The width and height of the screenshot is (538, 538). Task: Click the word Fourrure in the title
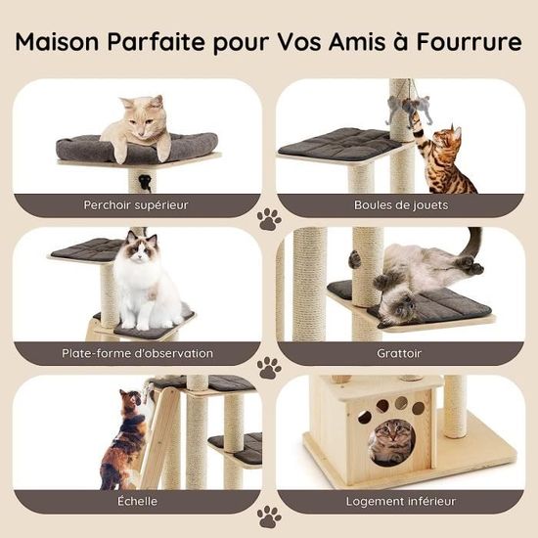[469, 41]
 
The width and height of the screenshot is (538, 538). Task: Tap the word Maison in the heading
[58, 41]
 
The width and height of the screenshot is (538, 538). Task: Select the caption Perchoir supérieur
[136, 205]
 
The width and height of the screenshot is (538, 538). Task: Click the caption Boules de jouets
[401, 205]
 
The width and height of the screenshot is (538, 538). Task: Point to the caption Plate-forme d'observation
[137, 353]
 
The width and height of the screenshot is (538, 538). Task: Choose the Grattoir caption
[399, 353]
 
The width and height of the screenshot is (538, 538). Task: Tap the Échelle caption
[137, 501]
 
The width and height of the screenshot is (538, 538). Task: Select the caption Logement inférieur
[401, 501]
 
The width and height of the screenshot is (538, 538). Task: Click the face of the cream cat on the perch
[144, 119]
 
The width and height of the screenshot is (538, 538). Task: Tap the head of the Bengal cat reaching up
[446, 137]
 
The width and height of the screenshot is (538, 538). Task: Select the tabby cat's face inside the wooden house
[392, 434]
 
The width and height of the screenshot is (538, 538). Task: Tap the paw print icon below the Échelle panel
[269, 516]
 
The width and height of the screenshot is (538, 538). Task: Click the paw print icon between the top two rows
[269, 219]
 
